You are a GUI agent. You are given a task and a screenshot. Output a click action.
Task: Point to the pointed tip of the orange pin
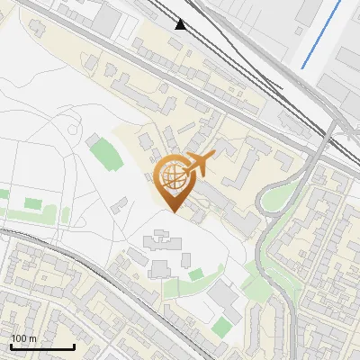click(173, 212)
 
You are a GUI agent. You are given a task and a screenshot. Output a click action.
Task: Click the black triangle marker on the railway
click(182, 24)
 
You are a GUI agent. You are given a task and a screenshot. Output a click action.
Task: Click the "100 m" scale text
click(24, 338)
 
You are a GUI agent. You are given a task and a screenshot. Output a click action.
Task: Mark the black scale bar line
click(42, 346)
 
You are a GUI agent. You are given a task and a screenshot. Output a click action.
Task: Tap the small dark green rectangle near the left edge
click(33, 203)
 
